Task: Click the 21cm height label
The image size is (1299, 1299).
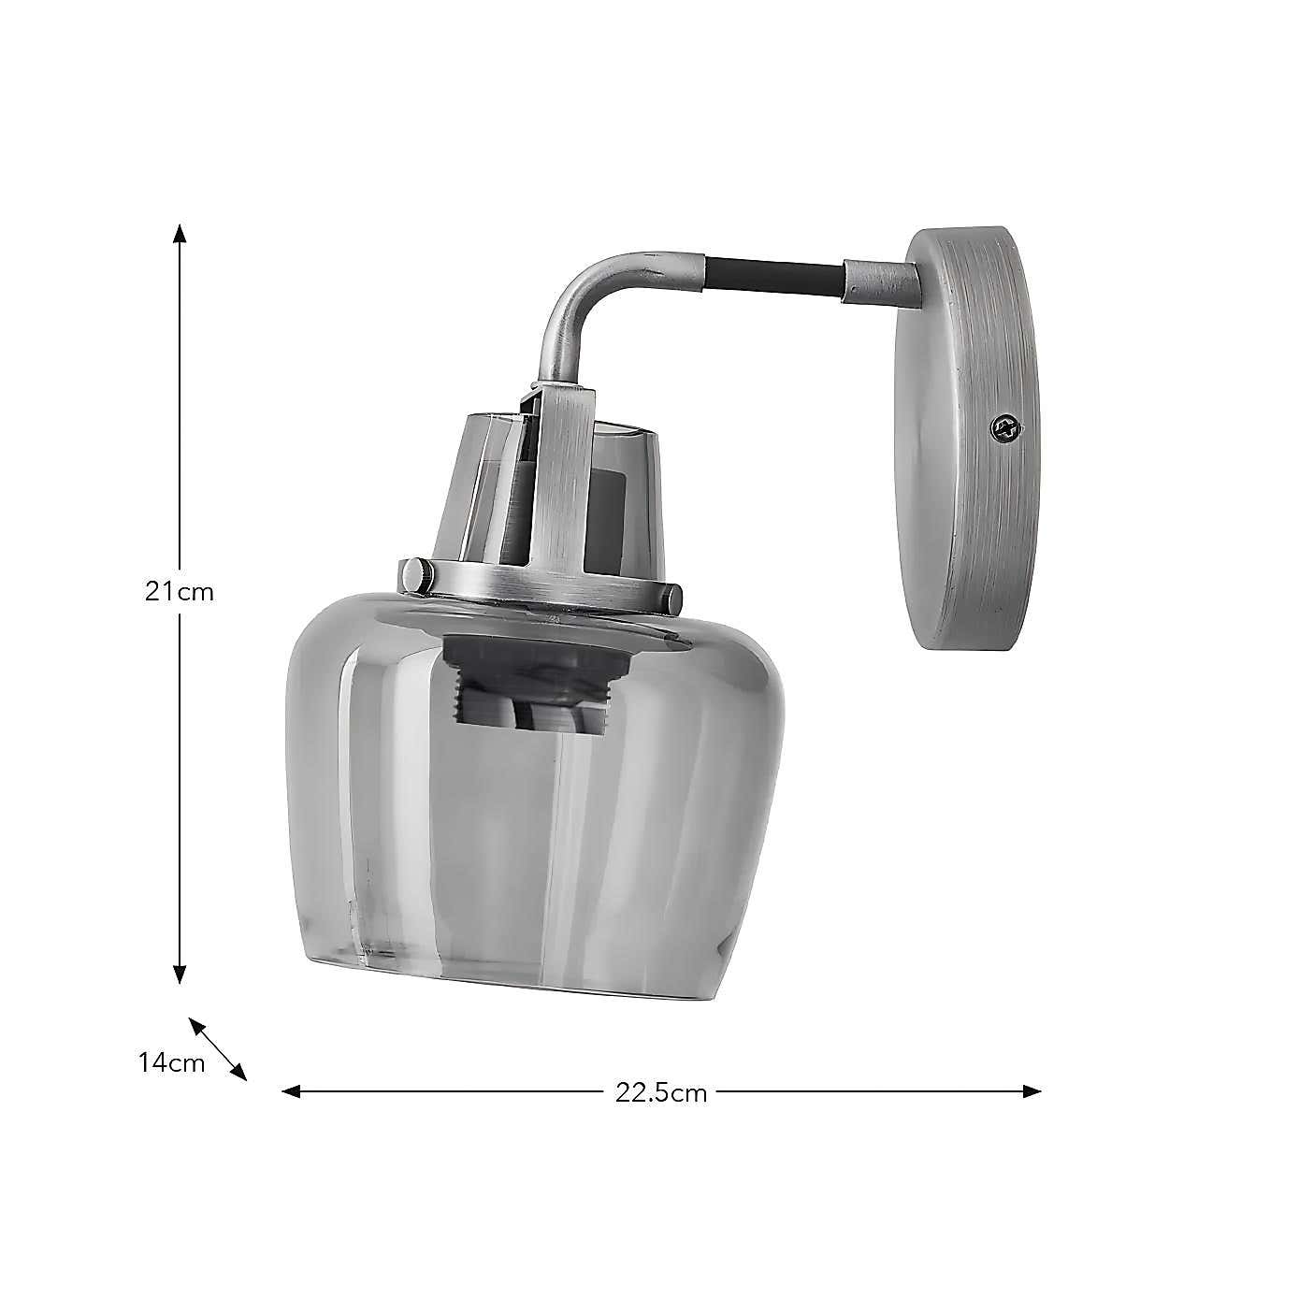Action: (x=180, y=592)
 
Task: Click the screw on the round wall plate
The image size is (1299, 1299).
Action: (x=1006, y=428)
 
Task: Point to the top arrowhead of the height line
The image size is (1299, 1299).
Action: (x=180, y=232)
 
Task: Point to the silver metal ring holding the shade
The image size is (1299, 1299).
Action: (x=542, y=589)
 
